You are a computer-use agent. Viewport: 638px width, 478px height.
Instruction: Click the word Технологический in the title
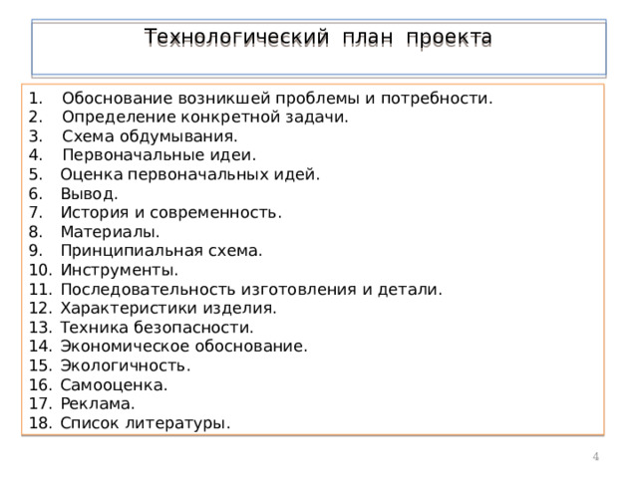point(233,38)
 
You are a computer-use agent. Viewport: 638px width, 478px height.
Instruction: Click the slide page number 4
point(595,456)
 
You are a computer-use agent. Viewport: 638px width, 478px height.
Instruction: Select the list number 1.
point(34,99)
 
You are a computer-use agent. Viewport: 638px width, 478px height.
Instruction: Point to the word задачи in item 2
point(320,118)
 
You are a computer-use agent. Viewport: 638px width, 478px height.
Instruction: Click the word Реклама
point(97,403)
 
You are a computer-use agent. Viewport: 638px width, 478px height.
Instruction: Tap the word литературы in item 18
point(180,423)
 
